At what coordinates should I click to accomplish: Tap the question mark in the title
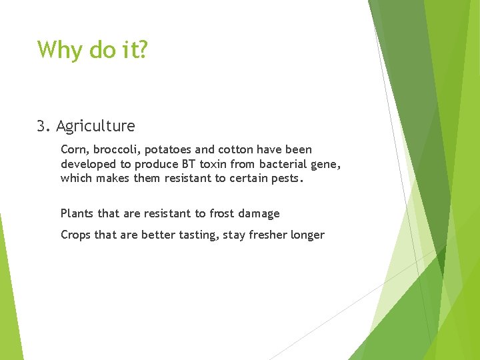click(141, 49)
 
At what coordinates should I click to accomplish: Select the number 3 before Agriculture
click(42, 126)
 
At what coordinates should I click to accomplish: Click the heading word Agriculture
click(95, 126)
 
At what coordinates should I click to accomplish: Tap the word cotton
click(237, 150)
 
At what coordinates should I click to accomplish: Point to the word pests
click(287, 178)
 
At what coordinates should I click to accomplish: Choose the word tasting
click(194, 235)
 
